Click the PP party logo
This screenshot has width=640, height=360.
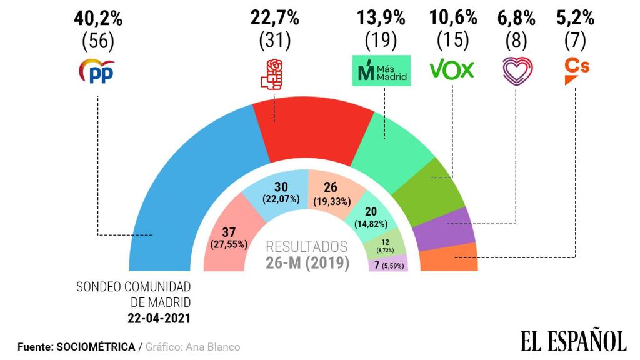pyautogui.click(x=97, y=71)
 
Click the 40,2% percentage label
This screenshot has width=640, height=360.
pyautogui.click(x=99, y=19)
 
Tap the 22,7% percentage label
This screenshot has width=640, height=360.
pyautogui.click(x=275, y=19)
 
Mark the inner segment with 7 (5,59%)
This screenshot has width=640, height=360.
pyautogui.click(x=387, y=264)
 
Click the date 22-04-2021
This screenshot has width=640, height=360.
pyautogui.click(x=159, y=317)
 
